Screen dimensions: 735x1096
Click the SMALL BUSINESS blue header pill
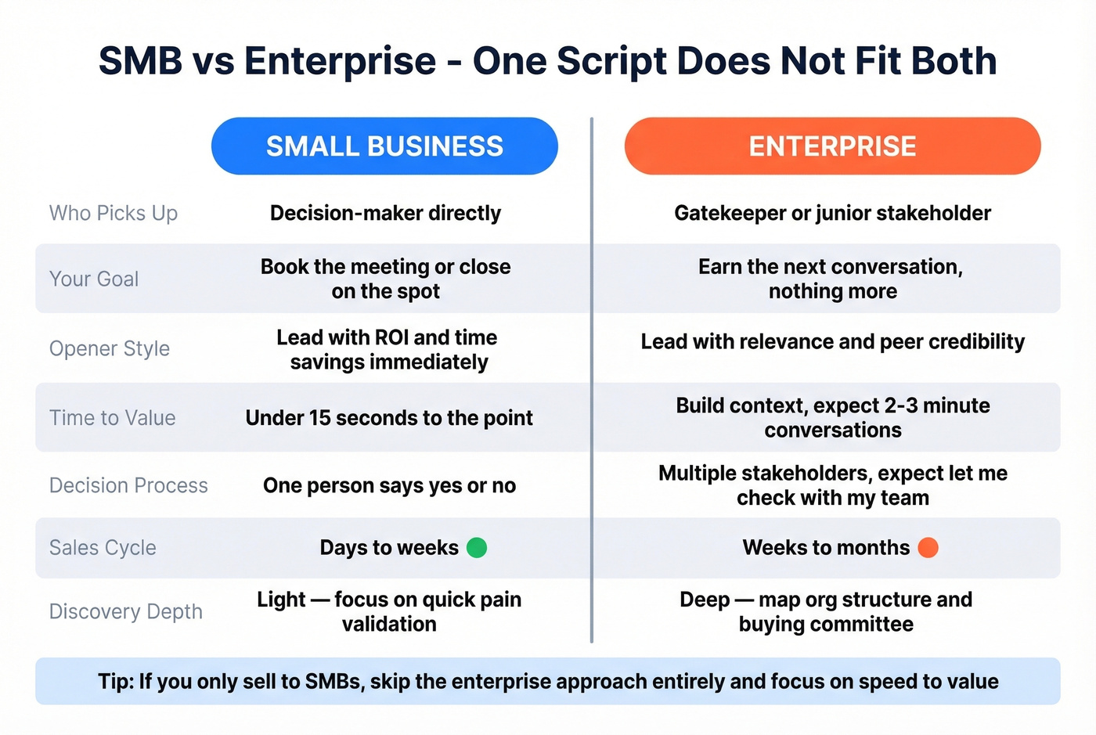coord(384,146)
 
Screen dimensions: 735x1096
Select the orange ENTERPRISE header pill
coord(832,146)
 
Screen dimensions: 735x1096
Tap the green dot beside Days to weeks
coord(477,548)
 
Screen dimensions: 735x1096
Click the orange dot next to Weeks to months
coord(928,548)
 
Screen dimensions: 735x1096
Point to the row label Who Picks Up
coord(114,213)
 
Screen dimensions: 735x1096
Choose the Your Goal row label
coord(94,279)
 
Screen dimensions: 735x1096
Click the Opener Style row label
coord(110,348)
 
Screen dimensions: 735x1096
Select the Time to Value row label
coord(113,418)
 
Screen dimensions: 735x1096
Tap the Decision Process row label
coord(128,485)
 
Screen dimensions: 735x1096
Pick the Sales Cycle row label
coord(103,548)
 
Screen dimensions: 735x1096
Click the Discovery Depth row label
coord(126,611)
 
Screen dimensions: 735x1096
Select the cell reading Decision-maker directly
coord(385,213)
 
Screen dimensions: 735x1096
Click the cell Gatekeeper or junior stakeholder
coord(832,213)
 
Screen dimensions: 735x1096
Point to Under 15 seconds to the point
coord(389,418)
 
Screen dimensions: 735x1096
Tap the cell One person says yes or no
coord(389,485)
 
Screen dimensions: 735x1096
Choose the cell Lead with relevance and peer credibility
coord(832,342)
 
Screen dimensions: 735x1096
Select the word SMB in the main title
coord(141,61)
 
